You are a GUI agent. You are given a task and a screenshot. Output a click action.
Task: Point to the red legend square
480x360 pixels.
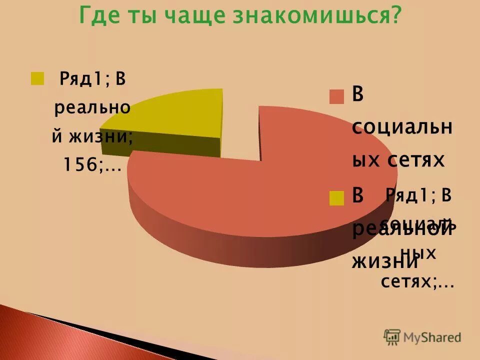tap(337, 96)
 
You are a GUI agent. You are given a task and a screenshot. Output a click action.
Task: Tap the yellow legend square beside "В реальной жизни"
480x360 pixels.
tap(337, 198)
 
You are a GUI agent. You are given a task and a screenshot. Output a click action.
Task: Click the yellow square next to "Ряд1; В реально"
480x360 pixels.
tap(37, 78)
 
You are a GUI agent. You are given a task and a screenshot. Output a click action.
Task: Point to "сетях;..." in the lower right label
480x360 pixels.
tap(417, 283)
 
